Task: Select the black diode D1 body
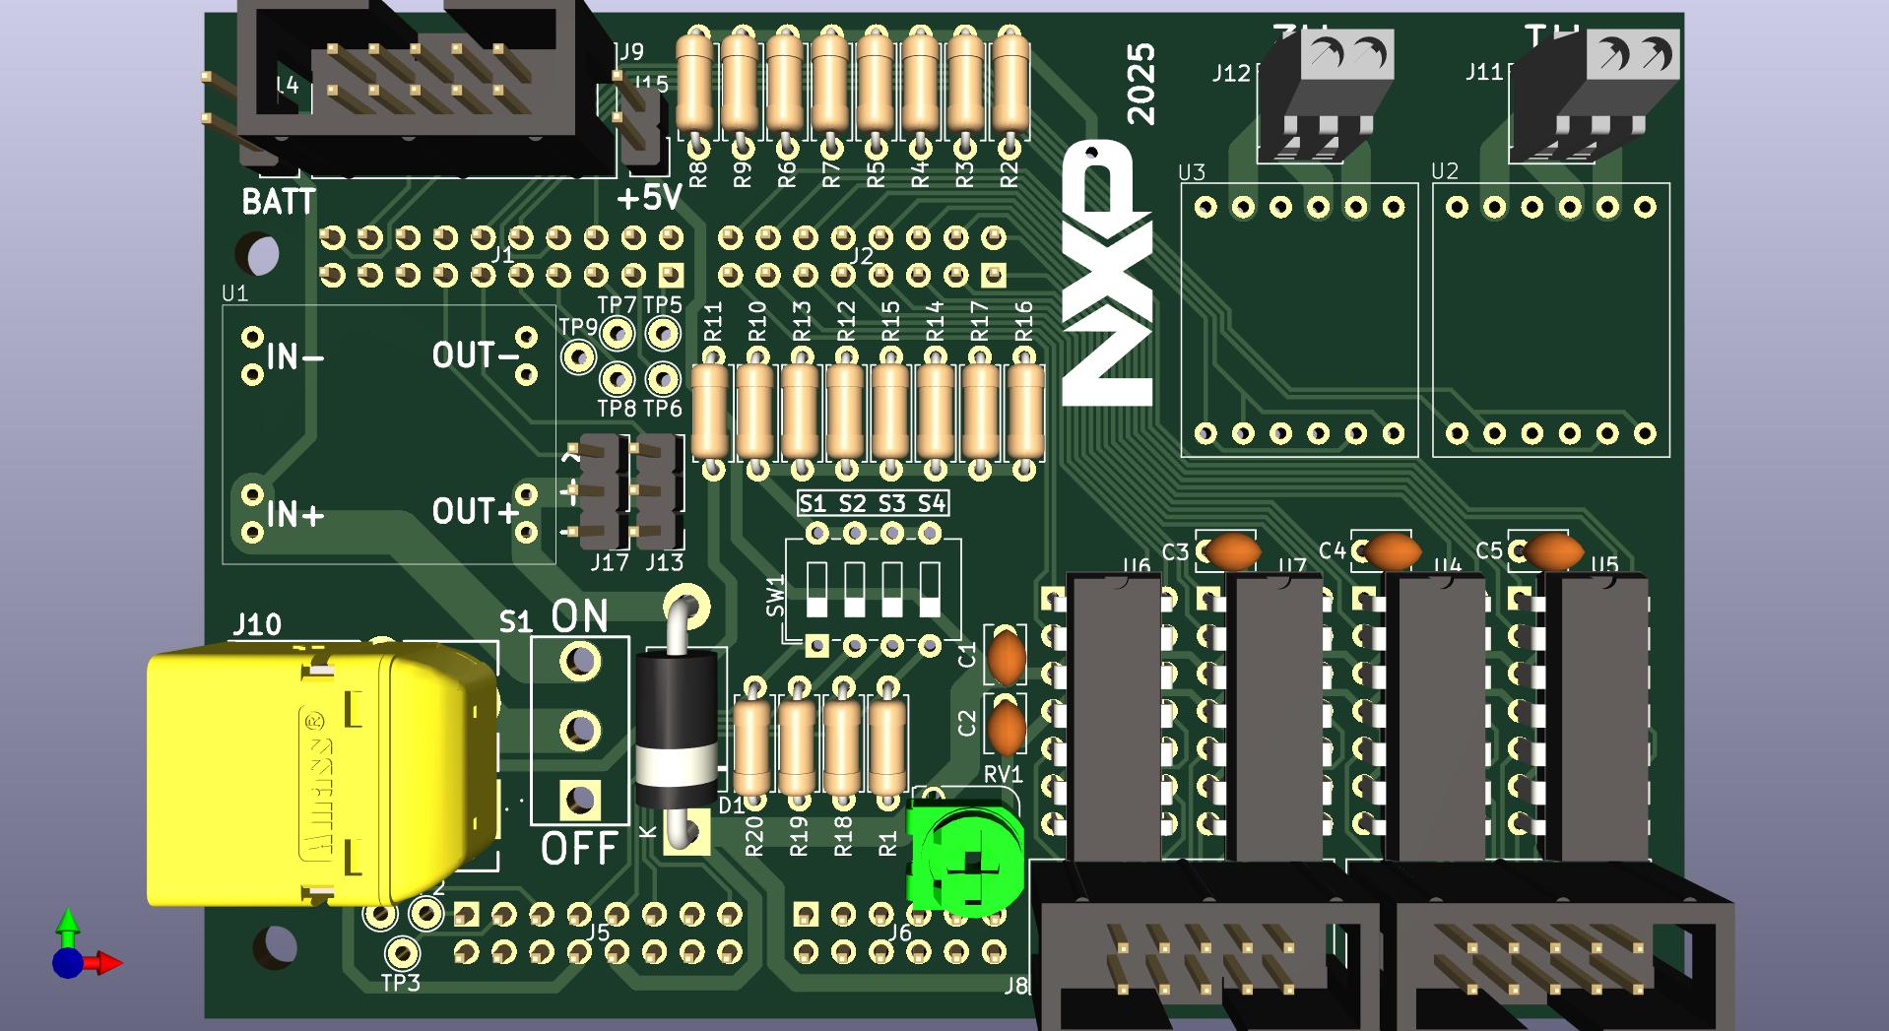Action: tap(676, 729)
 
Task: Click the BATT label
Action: tap(279, 202)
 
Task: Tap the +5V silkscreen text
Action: tap(649, 198)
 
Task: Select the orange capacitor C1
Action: tap(1007, 657)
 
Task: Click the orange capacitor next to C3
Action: tap(1232, 551)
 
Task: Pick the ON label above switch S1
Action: tap(579, 616)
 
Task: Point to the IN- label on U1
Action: tap(294, 356)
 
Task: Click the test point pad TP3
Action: tap(401, 952)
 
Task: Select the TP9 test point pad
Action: tap(578, 356)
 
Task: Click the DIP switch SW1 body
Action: tap(873, 589)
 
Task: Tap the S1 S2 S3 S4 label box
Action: tap(873, 504)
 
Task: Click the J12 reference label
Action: tap(1230, 73)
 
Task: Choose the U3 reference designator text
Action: tap(1192, 172)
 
